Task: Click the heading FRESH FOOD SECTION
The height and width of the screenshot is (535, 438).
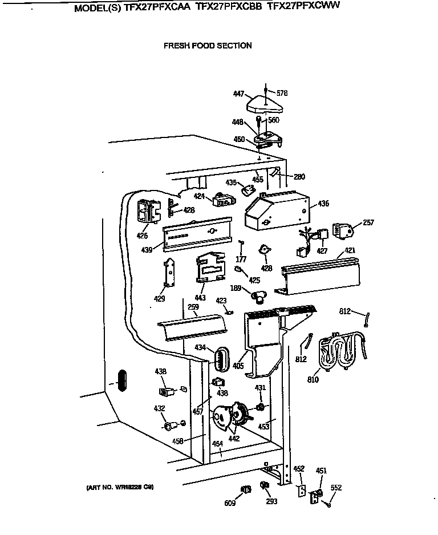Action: [x=208, y=46]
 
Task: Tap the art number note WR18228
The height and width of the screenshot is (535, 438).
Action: [x=120, y=487]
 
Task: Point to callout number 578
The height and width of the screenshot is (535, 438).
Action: [x=282, y=93]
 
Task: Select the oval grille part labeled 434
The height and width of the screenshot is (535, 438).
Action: [x=220, y=358]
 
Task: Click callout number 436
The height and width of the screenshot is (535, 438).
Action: [x=323, y=204]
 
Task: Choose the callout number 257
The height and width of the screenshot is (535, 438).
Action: [x=368, y=222]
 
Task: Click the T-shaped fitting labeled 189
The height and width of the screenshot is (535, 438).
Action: [x=256, y=295]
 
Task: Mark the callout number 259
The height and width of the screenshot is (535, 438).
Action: [x=193, y=307]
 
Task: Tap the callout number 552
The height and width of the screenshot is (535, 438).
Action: [x=336, y=488]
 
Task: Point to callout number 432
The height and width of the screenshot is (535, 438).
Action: [x=159, y=408]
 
